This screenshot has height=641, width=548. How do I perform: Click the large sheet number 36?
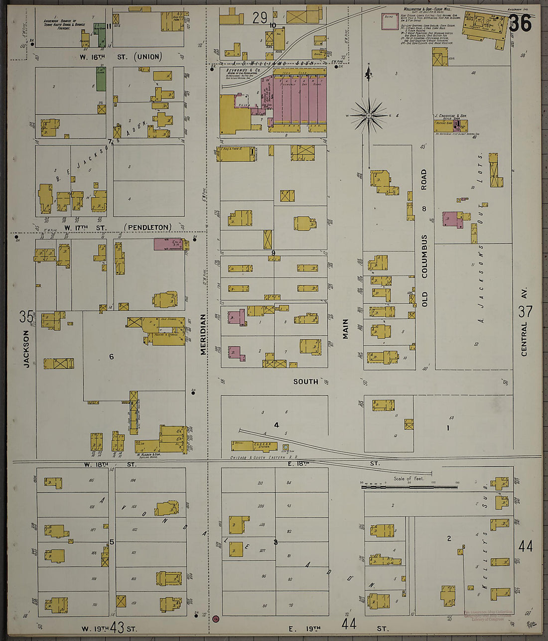tap(520, 23)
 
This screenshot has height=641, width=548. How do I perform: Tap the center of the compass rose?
tap(369, 116)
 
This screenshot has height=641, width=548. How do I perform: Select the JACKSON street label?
tap(26, 349)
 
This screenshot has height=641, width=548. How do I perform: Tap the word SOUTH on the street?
tap(305, 382)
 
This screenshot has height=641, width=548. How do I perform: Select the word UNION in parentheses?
tap(149, 57)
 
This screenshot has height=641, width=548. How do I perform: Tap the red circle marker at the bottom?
tap(216, 619)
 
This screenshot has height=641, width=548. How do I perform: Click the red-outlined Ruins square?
tap(390, 21)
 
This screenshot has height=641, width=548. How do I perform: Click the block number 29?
tap(260, 18)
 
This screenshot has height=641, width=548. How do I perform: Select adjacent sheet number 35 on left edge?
tap(26, 316)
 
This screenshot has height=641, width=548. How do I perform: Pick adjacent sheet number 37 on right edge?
tap(525, 311)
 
